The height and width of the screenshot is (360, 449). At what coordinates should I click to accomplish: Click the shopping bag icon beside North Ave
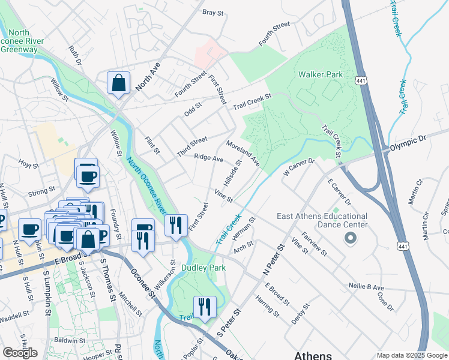pos(119,83)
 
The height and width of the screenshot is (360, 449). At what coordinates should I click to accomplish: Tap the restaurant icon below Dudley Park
pos(205,308)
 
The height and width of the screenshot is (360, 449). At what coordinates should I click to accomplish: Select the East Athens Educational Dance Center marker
pos(350,239)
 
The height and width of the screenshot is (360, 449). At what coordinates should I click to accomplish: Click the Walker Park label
pos(321,74)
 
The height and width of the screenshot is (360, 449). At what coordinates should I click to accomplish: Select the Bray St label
pos(212,11)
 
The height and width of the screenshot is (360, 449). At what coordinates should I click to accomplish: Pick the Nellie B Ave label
pos(366,287)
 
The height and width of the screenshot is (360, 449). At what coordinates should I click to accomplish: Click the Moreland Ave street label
pos(243,154)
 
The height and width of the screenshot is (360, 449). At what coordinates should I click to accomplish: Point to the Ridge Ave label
pos(208,158)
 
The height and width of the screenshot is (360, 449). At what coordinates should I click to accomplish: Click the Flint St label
pos(152,145)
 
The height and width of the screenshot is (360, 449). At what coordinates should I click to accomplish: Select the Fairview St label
pos(315,244)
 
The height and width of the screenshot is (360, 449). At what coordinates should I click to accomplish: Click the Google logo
pos(20,353)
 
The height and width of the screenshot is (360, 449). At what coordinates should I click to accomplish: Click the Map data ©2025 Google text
pos(411,355)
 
